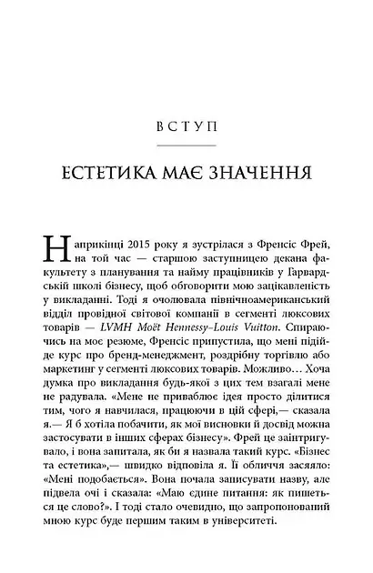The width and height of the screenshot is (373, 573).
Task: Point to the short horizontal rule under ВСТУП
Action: tap(186, 142)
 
